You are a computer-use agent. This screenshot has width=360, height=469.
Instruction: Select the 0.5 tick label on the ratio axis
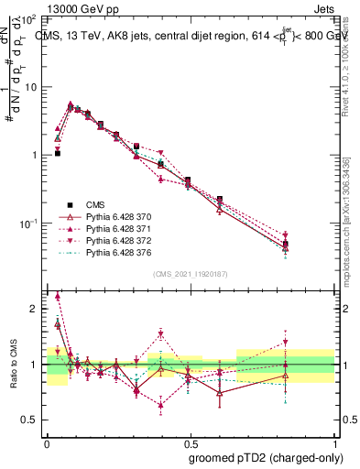point(31,420)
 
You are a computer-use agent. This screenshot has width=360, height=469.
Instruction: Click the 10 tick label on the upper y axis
point(30,87)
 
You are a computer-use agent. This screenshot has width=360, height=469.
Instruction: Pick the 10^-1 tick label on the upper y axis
point(27,224)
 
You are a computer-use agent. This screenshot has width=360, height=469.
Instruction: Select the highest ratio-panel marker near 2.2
point(58,296)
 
